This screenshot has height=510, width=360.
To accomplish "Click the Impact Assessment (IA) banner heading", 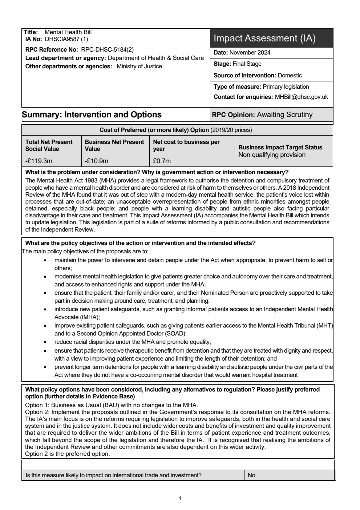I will pyautogui.click(x=264, y=38).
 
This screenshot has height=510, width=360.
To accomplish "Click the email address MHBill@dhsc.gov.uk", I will pyautogui.click(x=301, y=97).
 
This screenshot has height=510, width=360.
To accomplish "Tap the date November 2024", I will pyautogui.click(x=250, y=52).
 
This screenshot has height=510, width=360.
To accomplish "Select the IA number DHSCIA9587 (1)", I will pyautogui.click(x=66, y=39).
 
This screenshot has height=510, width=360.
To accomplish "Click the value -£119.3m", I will pyautogui.click(x=39, y=161).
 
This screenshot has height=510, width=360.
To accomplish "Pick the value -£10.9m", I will pyautogui.click(x=96, y=161).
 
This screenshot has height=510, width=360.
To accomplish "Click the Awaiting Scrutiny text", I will pyautogui.click(x=284, y=115).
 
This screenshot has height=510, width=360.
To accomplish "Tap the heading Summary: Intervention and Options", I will pyautogui.click(x=92, y=115).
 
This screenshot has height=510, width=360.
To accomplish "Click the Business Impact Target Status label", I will pyautogui.click(x=280, y=147).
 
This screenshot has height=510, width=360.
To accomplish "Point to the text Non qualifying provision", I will pyautogui.click(x=272, y=155).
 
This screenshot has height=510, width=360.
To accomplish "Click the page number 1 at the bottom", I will pyautogui.click(x=180, y=498).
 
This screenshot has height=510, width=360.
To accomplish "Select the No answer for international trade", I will pyautogui.click(x=251, y=475).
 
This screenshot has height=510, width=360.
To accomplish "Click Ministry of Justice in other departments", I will pyautogui.click(x=139, y=67).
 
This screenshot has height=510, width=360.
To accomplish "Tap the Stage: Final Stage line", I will pyautogui.click(x=237, y=64).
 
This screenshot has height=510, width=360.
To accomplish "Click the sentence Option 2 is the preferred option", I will pyautogui.click(x=67, y=454).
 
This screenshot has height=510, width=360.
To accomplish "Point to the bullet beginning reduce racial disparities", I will pyautogui.click(x=132, y=342).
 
